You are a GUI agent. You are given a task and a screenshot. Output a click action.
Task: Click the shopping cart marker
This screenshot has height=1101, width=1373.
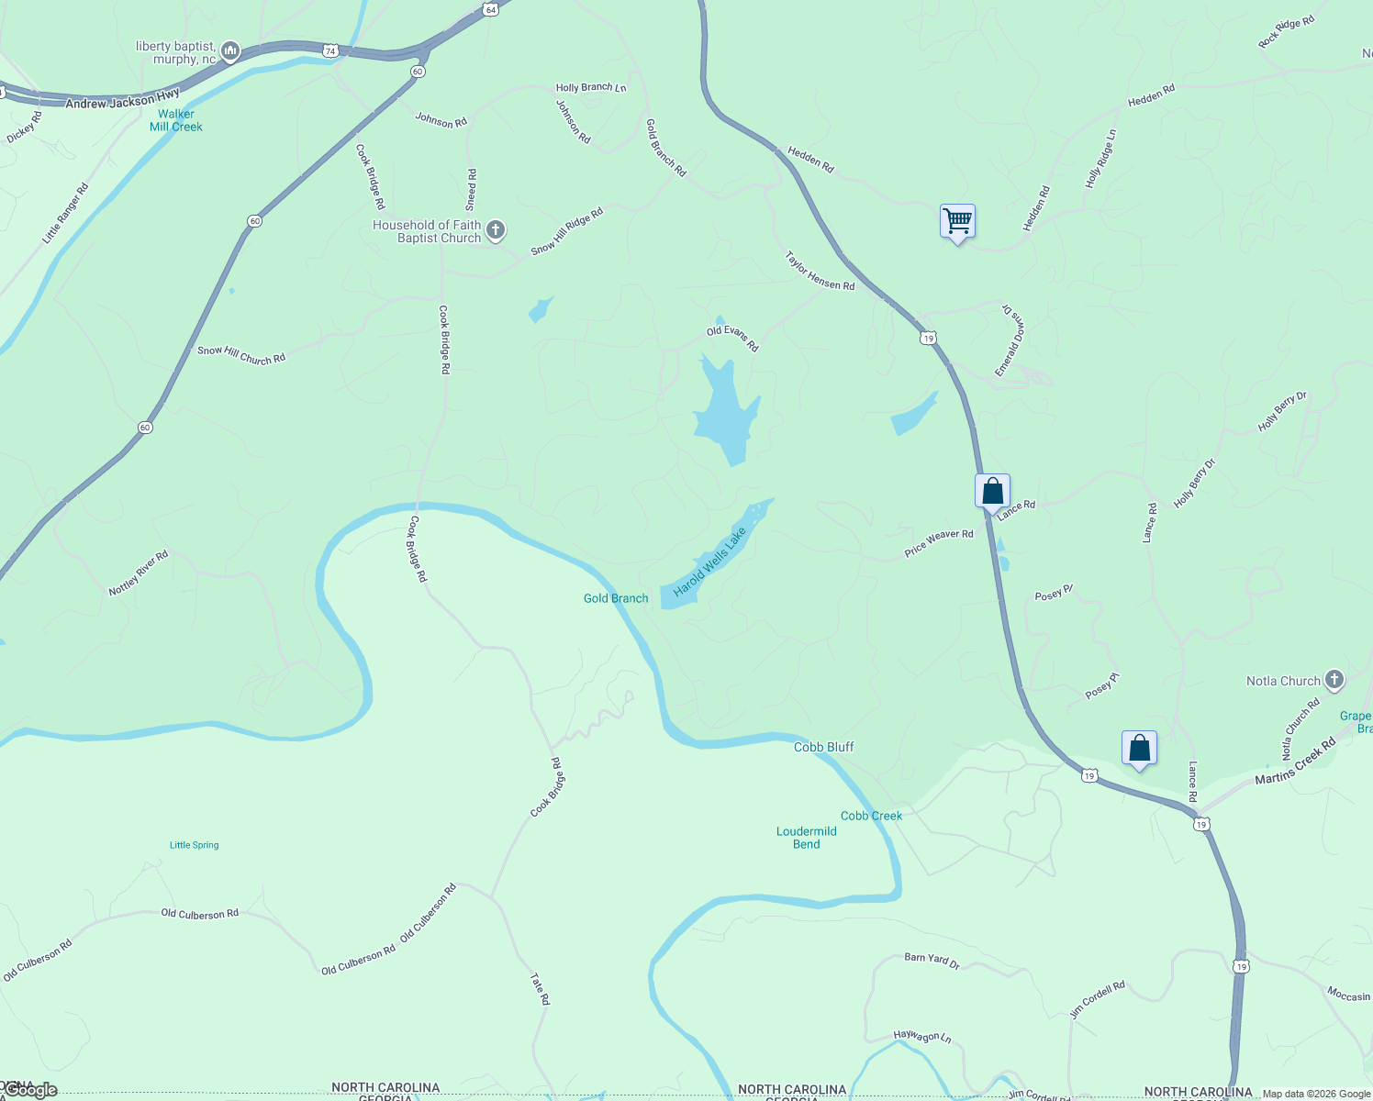[x=957, y=221]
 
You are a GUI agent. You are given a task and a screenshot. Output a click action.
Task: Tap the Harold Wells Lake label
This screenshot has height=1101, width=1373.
[x=709, y=561]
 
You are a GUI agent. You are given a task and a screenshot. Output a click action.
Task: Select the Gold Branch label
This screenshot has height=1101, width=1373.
[x=616, y=598]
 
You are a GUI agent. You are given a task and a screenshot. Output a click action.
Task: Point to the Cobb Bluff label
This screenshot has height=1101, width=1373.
[x=823, y=747]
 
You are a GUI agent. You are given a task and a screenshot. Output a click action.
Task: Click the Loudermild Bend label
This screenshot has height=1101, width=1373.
[x=806, y=838]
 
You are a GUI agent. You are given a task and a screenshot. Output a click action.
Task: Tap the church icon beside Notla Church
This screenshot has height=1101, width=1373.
[x=1334, y=681]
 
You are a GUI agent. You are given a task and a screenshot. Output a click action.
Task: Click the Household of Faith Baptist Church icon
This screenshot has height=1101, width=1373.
[x=496, y=230]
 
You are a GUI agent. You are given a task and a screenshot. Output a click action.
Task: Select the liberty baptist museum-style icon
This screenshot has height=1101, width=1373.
[x=230, y=51]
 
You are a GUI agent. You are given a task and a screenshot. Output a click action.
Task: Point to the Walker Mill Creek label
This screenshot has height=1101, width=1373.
[x=176, y=120]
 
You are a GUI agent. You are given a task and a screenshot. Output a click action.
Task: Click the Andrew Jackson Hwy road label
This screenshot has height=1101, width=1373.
[x=122, y=99]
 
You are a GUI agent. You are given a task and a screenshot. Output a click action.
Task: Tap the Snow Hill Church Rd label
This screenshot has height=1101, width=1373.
[x=241, y=355]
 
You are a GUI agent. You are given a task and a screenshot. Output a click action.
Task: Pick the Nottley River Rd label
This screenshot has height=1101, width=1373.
[x=139, y=573]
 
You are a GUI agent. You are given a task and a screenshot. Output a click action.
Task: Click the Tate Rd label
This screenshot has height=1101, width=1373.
[x=540, y=989]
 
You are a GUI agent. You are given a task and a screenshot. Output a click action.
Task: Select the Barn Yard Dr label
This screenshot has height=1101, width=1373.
[x=932, y=960]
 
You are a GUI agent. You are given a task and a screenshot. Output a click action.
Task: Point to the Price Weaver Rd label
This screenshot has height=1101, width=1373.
[x=939, y=543]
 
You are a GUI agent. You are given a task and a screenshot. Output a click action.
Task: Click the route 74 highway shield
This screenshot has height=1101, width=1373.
[x=330, y=51]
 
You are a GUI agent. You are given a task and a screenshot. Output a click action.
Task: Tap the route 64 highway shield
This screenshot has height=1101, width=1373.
[x=491, y=9]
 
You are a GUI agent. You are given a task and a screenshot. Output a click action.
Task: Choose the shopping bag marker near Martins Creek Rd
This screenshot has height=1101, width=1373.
[x=1139, y=748]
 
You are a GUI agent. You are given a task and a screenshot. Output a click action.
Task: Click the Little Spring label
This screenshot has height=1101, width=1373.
[x=195, y=845]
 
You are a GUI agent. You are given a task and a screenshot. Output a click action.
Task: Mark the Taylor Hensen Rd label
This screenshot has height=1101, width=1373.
[x=820, y=272]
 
